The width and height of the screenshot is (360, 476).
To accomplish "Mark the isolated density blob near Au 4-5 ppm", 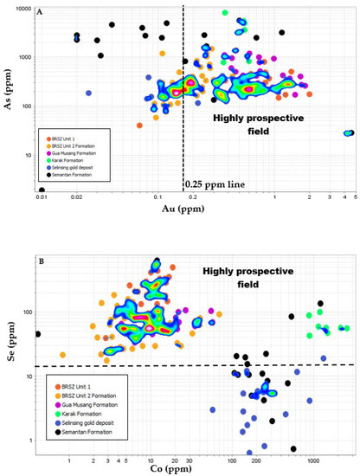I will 348,132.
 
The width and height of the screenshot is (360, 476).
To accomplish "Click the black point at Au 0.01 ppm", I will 42,190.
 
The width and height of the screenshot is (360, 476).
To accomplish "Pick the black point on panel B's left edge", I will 38,334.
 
